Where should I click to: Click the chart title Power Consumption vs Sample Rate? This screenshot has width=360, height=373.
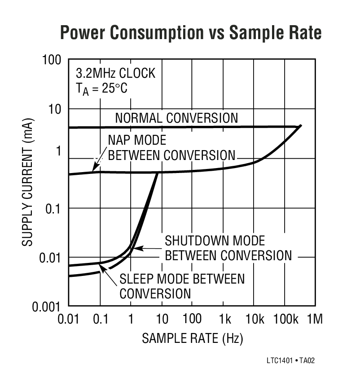click(191, 33)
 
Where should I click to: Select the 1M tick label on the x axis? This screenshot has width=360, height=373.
click(314, 320)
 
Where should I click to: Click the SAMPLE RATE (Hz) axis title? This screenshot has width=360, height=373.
click(192, 338)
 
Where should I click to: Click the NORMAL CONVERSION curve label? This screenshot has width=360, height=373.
click(176, 118)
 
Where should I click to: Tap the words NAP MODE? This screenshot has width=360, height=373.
click(131, 140)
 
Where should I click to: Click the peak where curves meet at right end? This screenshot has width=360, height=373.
click(300, 126)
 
